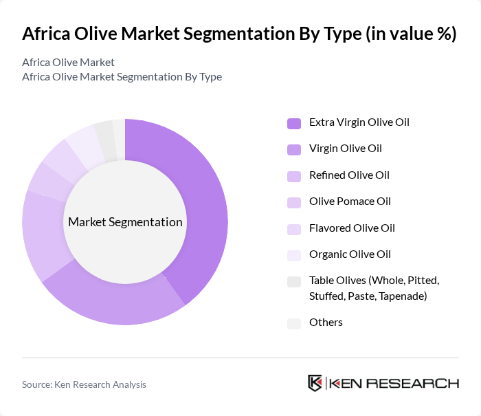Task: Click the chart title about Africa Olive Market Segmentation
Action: click(239, 34)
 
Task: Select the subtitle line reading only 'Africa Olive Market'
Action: click(68, 62)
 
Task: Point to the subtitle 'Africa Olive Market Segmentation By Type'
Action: click(122, 76)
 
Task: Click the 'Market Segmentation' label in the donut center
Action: click(125, 222)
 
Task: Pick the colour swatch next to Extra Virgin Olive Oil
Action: click(294, 123)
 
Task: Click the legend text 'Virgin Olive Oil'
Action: click(346, 149)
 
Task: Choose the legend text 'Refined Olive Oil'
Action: click(349, 175)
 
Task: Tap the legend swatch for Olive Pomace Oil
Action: click(294, 202)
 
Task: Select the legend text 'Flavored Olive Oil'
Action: click(352, 228)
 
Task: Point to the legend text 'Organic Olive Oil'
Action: click(350, 254)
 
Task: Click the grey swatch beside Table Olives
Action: click(294, 281)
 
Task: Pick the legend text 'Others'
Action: click(326, 322)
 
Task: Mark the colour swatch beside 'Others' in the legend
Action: click(294, 322)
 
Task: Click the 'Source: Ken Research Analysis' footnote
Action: click(84, 384)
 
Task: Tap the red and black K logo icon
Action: click(315, 383)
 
